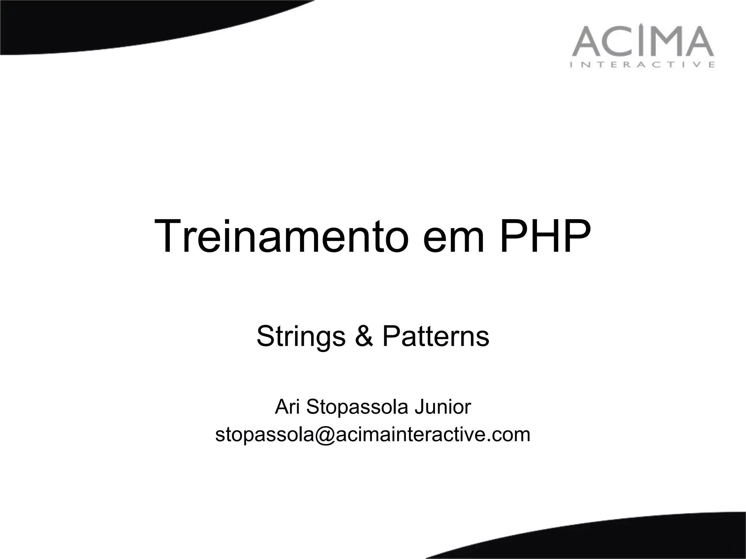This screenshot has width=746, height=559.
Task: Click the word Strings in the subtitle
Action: coord(301,337)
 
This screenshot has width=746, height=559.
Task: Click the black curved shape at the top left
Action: coord(109,25)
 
